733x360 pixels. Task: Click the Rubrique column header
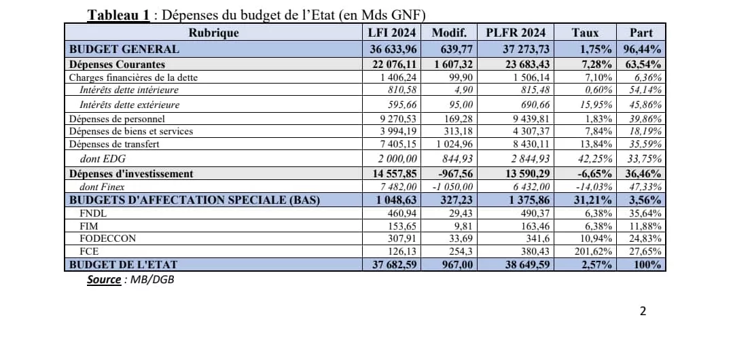tap(213, 33)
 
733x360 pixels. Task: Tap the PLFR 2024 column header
tap(515, 33)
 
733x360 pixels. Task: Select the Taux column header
tap(585, 33)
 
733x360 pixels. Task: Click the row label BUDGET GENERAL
tap(124, 49)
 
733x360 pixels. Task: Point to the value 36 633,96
tap(393, 49)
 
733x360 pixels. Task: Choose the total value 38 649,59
tap(526, 264)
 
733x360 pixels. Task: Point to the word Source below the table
tap(103, 279)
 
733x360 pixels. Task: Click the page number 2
tap(643, 312)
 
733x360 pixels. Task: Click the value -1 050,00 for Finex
tap(452, 187)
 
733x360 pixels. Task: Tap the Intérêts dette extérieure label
tap(129, 105)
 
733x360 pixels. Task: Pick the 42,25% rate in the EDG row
tap(596, 158)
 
